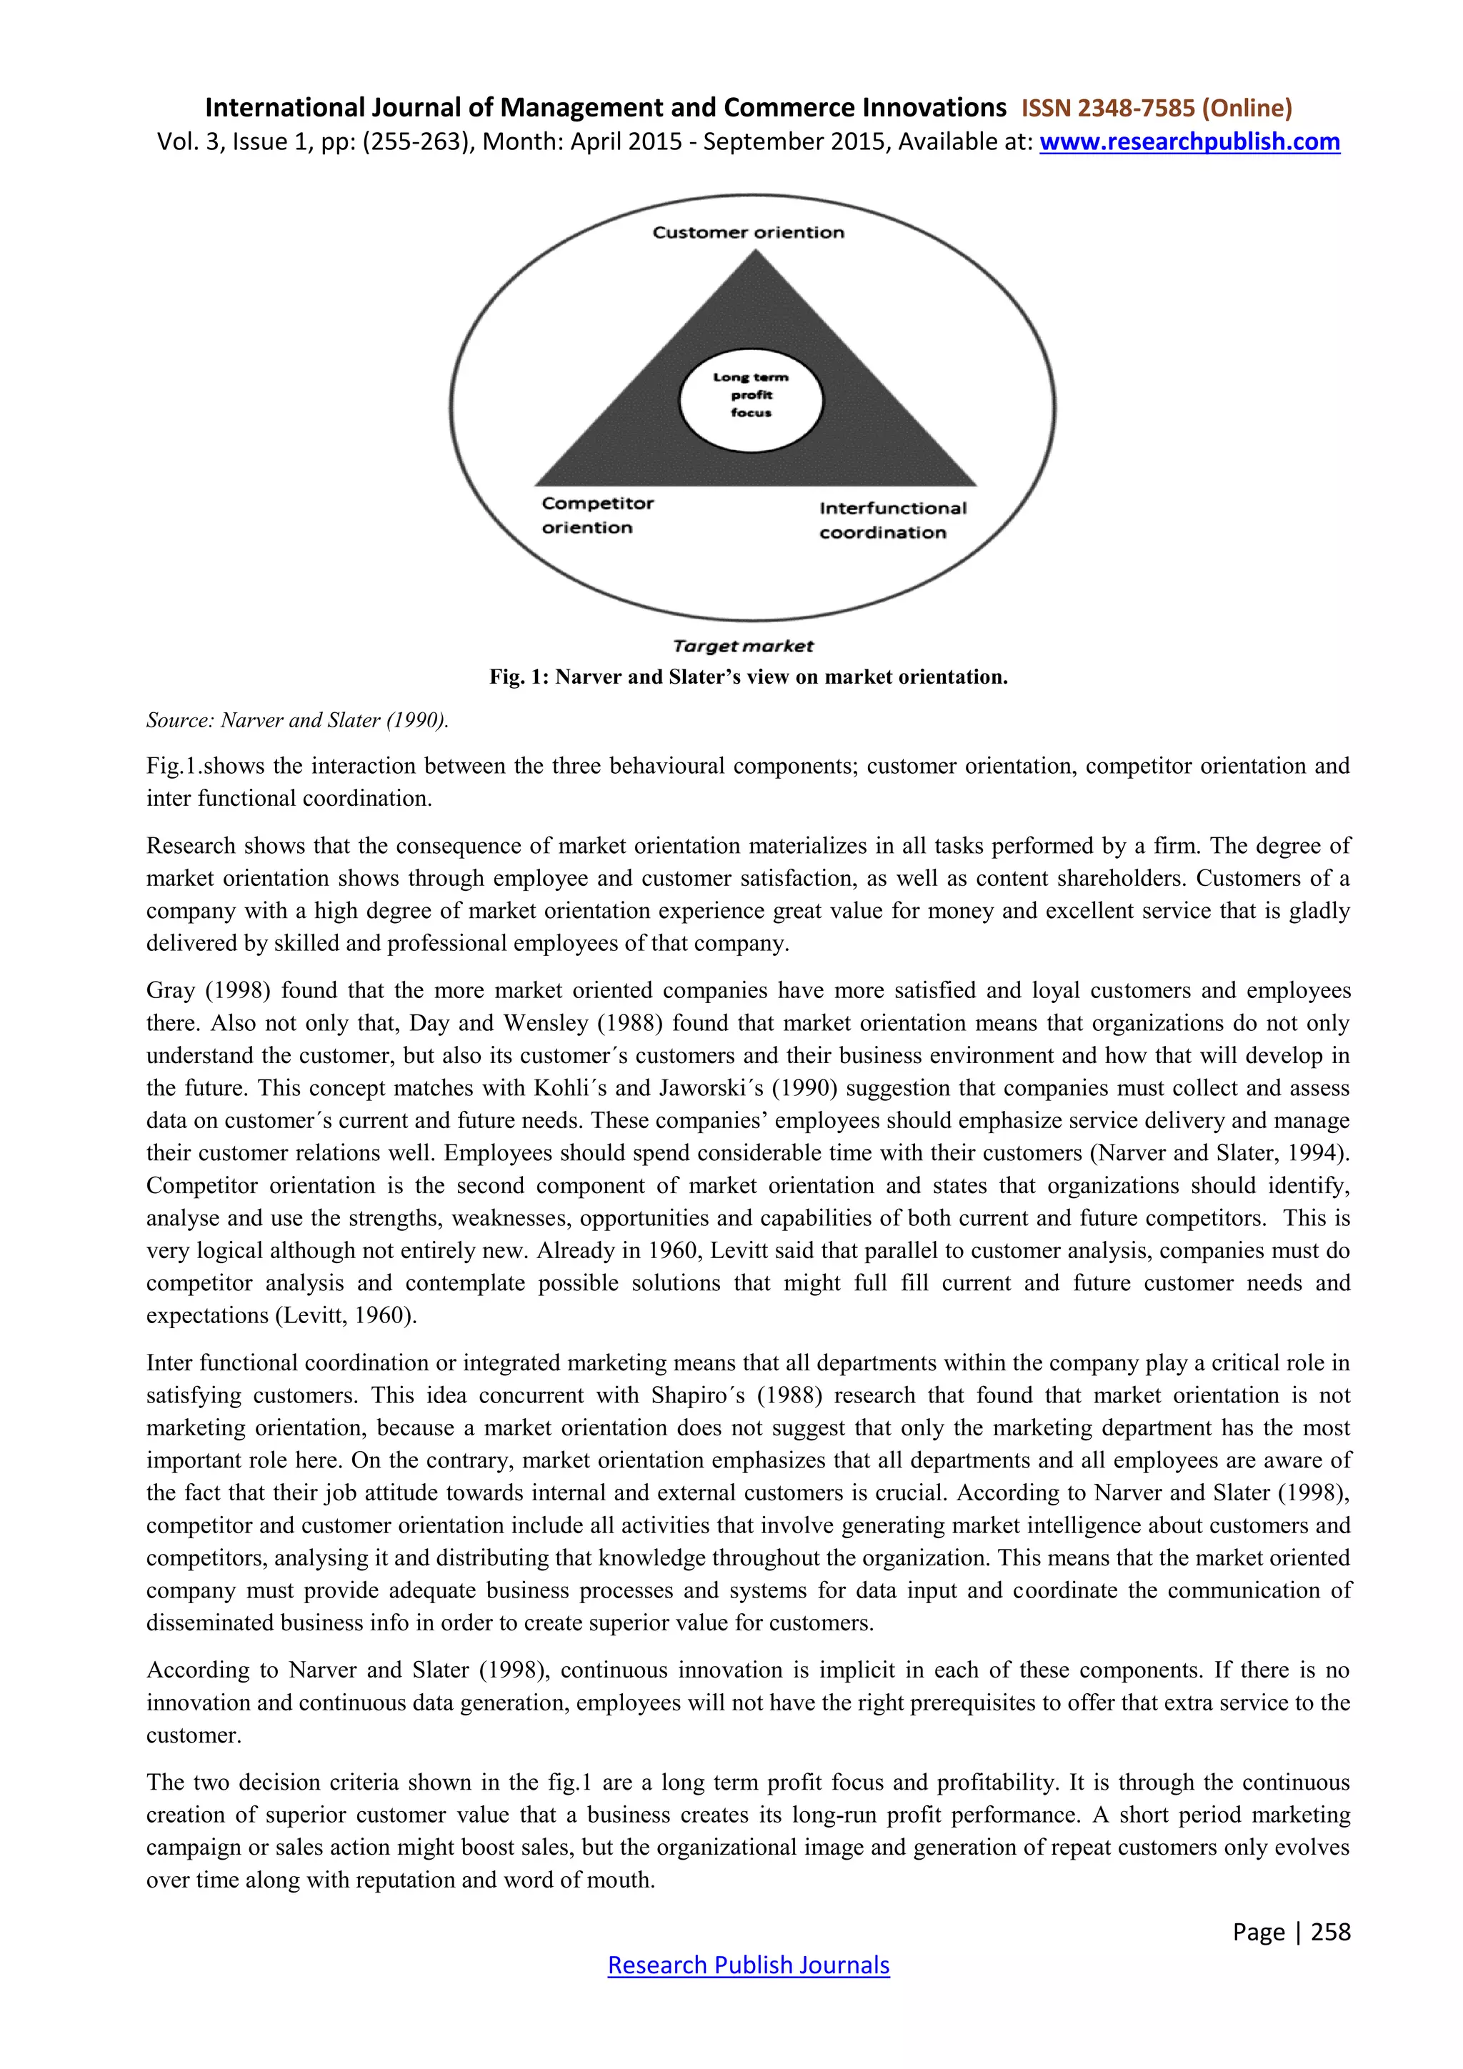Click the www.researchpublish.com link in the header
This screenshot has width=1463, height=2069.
click(x=1189, y=142)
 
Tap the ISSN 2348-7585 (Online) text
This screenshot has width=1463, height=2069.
click(x=1156, y=108)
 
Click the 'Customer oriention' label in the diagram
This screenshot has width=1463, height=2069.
click(x=748, y=232)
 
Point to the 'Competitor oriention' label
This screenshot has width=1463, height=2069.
click(x=597, y=515)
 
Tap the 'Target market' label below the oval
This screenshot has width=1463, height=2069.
click(x=742, y=646)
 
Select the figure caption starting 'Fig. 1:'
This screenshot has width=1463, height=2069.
click(x=748, y=677)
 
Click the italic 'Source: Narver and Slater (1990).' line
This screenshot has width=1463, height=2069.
click(x=297, y=720)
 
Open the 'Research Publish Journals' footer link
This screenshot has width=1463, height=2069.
click(x=748, y=1965)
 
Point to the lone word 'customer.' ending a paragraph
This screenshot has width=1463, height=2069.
click(x=194, y=1735)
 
